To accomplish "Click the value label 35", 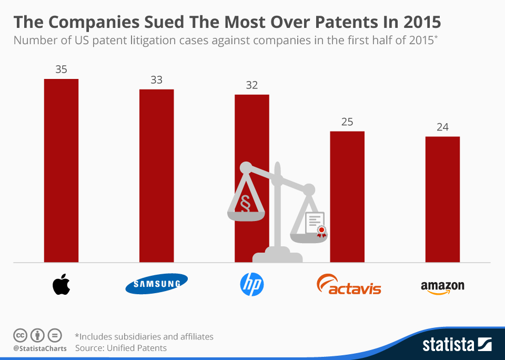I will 61,69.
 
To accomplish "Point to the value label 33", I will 156,80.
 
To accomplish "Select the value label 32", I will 251,85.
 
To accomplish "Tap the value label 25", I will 347,122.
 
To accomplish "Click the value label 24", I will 442,127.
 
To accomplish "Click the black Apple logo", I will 61,285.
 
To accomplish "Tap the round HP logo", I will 251,285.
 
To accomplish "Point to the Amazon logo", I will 442,287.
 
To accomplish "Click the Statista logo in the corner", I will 457,345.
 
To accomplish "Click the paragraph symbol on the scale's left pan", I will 245,202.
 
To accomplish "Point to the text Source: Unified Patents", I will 121,348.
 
